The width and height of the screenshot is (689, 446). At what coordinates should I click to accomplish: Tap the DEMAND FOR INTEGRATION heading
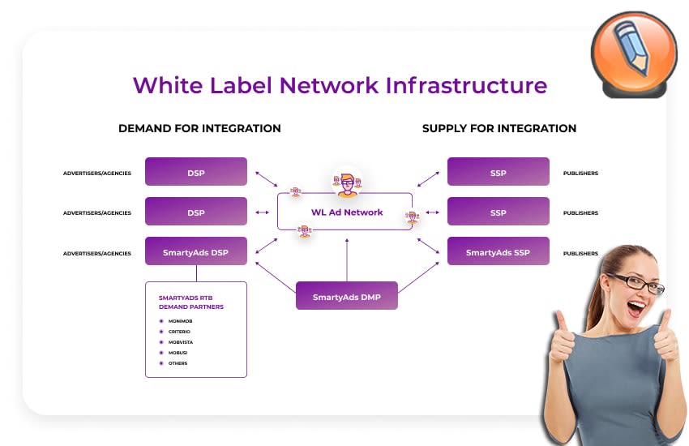[x=199, y=128]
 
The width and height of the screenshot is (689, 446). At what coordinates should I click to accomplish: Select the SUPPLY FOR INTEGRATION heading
[x=499, y=128]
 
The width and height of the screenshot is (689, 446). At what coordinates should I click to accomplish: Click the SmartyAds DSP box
[x=196, y=252]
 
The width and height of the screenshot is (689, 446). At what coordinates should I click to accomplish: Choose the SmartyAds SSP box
[x=498, y=252]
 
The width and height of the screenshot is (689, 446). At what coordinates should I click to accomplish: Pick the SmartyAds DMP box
[x=347, y=297]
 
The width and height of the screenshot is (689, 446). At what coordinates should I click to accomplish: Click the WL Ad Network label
[x=347, y=212]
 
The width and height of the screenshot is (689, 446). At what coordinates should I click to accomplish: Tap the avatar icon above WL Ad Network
[x=347, y=183]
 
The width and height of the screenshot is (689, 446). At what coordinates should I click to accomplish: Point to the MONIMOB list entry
[x=180, y=321]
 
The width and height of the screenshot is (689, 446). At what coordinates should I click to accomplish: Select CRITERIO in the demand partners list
[x=179, y=332]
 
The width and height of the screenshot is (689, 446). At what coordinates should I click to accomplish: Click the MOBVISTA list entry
[x=180, y=342]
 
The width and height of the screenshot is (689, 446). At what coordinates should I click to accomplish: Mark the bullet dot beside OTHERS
[x=161, y=363]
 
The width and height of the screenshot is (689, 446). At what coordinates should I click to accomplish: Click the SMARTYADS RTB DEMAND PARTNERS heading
[x=191, y=302]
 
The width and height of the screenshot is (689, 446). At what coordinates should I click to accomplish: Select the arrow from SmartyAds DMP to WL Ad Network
[x=347, y=259]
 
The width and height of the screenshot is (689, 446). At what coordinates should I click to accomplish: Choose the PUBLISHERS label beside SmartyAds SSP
[x=580, y=253]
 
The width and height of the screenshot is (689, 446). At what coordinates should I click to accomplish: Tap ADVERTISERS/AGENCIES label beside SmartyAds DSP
[x=97, y=253]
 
